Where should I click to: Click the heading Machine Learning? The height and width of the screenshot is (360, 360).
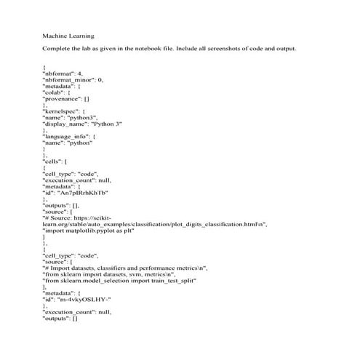68,34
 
